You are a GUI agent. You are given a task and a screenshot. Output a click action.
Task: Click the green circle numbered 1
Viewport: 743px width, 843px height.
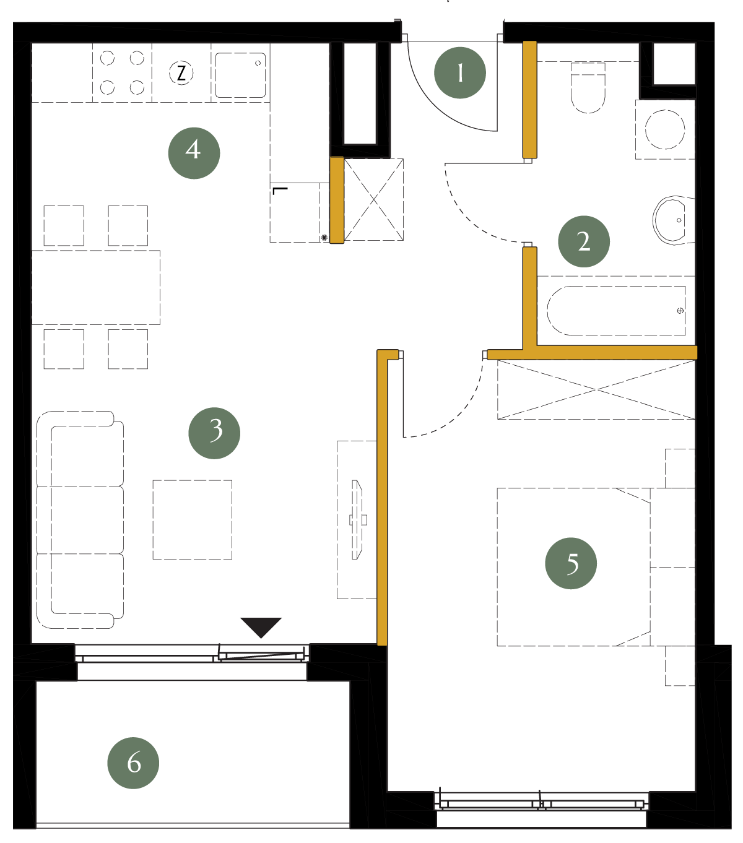coord(459,73)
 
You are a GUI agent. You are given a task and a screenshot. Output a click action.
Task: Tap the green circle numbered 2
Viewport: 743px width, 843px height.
coord(584,241)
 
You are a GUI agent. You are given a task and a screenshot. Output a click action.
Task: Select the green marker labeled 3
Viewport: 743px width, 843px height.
coord(214,433)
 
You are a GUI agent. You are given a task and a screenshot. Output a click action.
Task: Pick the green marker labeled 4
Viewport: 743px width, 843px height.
coord(194,153)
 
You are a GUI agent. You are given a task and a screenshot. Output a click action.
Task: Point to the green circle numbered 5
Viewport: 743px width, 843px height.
coord(571,563)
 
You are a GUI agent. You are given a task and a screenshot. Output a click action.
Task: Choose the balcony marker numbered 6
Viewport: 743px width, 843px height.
coord(133,763)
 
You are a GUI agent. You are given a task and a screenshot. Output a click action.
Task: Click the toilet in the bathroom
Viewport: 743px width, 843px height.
coord(588,88)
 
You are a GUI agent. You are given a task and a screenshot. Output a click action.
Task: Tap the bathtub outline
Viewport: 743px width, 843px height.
coord(615,311)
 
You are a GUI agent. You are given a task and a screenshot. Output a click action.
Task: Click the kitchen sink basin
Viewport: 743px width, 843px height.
coord(240,76)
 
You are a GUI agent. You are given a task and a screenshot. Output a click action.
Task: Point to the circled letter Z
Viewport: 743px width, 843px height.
coord(181,73)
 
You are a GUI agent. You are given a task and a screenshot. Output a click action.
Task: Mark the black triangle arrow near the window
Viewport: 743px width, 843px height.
coord(261,628)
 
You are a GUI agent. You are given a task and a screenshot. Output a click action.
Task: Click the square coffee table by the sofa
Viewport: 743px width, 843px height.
coord(193,520)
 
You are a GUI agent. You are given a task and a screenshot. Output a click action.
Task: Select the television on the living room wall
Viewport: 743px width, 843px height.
coord(358,520)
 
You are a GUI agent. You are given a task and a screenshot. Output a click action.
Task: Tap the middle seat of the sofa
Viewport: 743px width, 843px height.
coord(80,520)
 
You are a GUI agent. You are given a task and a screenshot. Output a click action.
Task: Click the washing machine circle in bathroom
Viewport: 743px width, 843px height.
coord(665,129)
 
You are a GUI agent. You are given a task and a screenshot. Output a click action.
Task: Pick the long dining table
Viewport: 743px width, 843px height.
coord(96,288)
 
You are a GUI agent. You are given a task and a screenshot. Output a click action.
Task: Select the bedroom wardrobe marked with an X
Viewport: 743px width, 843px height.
coord(596,389)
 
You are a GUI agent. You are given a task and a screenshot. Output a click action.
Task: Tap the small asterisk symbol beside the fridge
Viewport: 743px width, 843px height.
coord(324,238)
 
